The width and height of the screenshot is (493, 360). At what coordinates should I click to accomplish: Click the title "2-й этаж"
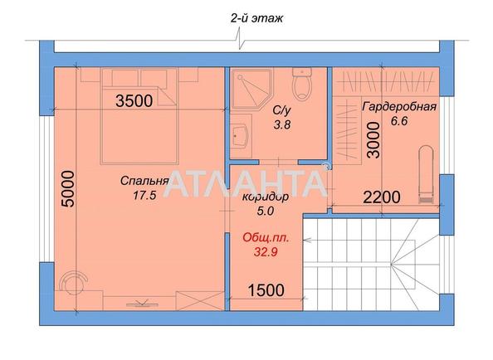tap(256, 17)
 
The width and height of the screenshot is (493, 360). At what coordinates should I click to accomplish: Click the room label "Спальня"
tap(145, 181)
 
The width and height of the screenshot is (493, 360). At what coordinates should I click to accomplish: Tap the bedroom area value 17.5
tap(145, 196)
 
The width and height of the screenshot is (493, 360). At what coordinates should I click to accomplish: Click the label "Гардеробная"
tap(399, 105)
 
